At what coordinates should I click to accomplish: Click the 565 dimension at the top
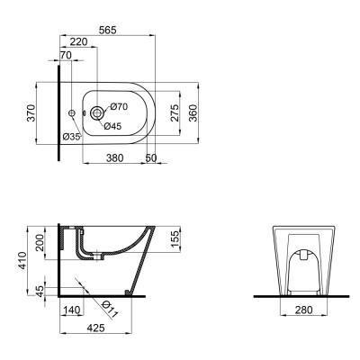tap(108, 29)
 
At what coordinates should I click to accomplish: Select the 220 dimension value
tap(79, 41)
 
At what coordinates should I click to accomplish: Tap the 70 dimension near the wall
tap(65, 56)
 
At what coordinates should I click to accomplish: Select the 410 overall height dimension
tap(22, 262)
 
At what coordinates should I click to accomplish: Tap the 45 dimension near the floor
tap(38, 290)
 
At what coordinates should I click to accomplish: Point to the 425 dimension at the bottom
tap(95, 328)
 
